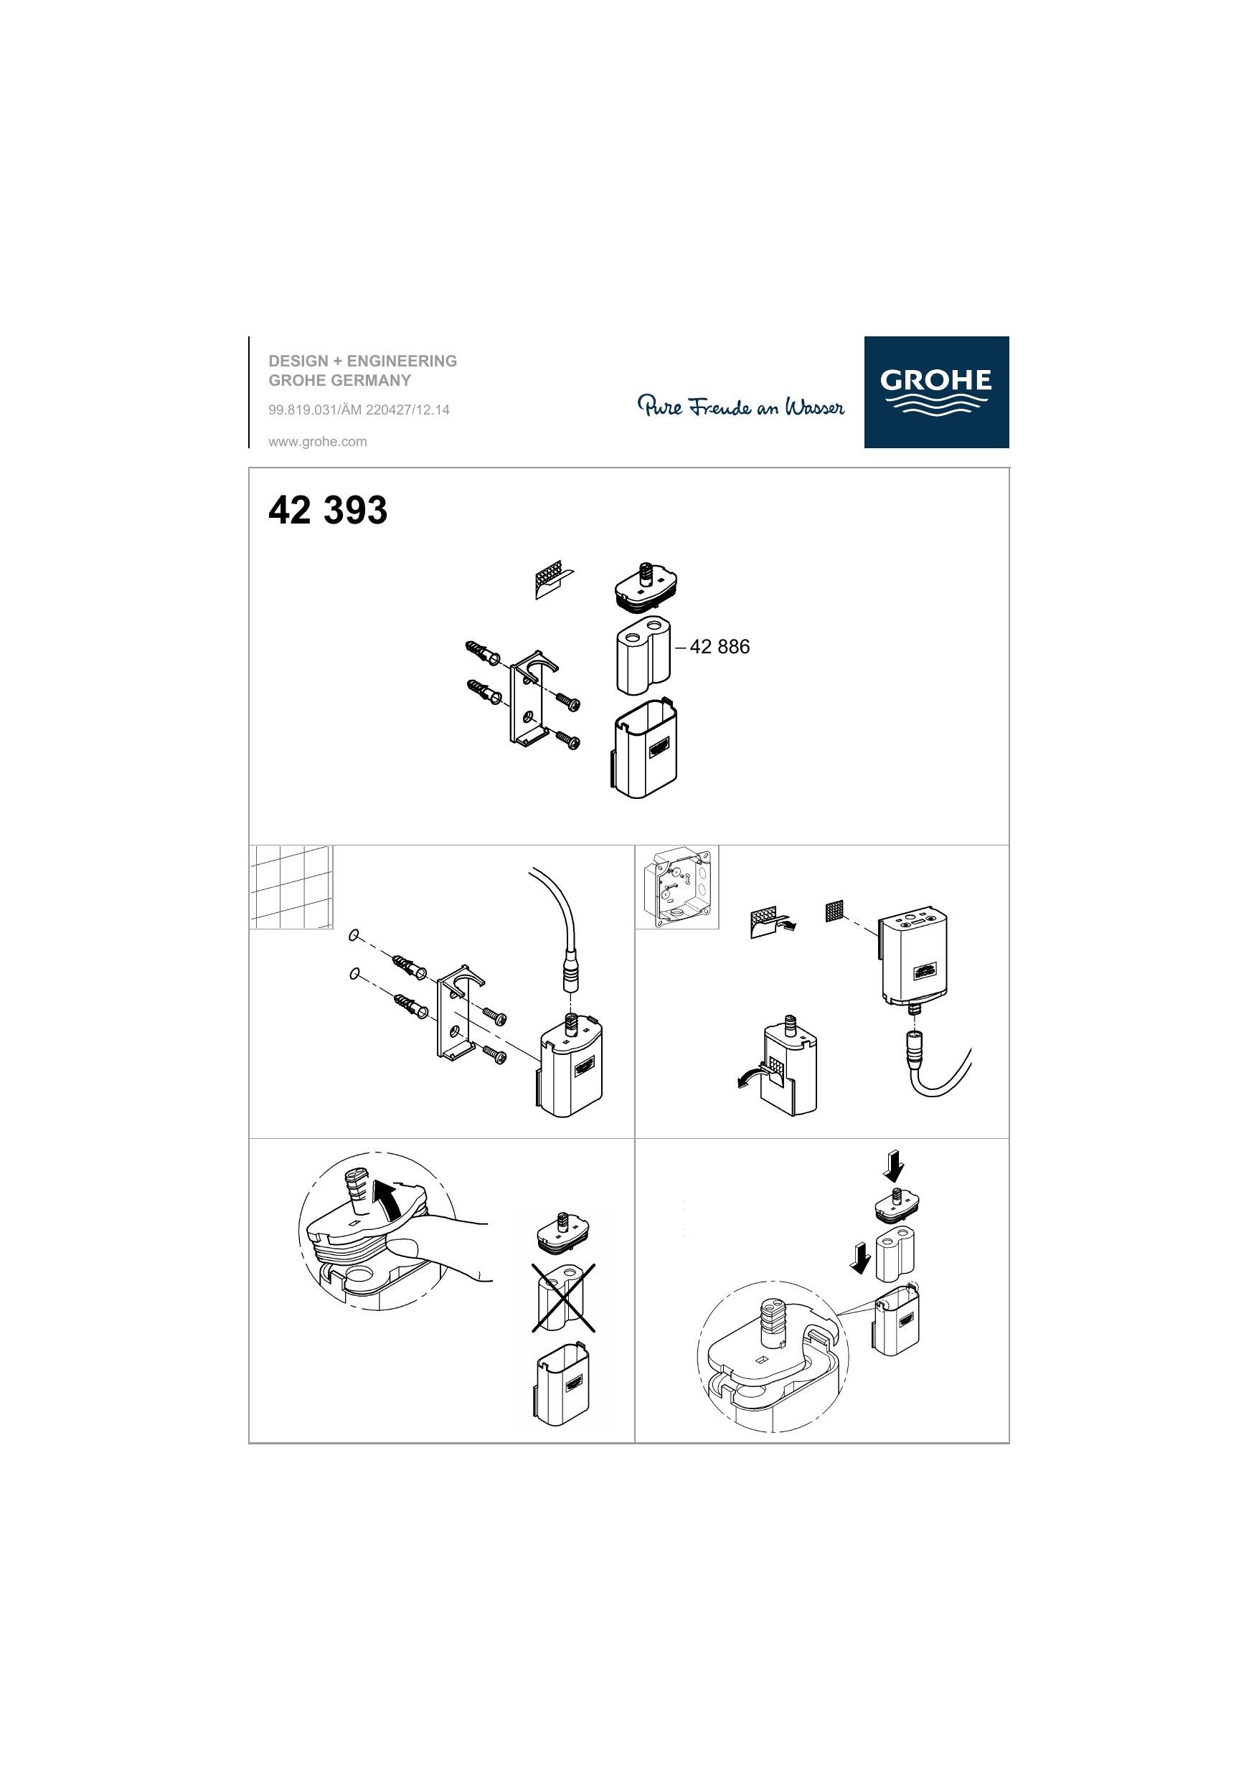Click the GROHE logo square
[936, 392]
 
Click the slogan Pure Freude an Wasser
[741, 406]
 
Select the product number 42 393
[327, 510]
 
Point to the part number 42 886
[719, 647]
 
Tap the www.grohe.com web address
[317, 442]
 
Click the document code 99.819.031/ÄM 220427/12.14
[359, 410]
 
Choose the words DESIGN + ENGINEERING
[362, 361]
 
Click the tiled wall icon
[291, 887]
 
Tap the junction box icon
[677, 887]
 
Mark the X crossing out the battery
[564, 1298]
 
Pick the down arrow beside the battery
[859, 1257]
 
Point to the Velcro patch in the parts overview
[553, 581]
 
